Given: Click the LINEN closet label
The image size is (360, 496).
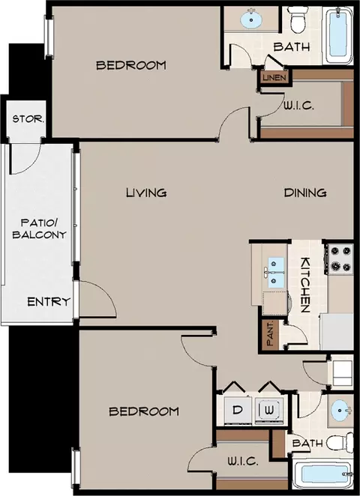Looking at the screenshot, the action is click(274, 77).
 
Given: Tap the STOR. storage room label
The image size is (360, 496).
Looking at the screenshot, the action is click(28, 119).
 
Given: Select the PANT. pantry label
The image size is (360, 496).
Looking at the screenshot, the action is click(270, 333).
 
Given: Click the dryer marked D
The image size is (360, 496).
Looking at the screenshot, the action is click(238, 411).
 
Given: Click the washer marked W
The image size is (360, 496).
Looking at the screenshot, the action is click(269, 411).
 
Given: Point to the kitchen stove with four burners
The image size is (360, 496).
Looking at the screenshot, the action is click(340, 258).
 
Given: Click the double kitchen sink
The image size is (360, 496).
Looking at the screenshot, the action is click(276, 273).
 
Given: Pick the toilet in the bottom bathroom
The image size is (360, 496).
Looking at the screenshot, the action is click(340, 442).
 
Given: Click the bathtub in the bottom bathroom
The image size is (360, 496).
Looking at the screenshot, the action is click(322, 474).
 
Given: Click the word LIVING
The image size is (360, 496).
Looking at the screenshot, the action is click(146, 193).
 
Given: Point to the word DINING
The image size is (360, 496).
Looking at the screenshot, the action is click(305, 193).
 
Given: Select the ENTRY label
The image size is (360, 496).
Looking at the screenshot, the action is click(49, 301).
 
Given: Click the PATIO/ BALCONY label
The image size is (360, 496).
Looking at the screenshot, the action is click(39, 229).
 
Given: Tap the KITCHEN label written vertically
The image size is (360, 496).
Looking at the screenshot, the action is click(305, 285).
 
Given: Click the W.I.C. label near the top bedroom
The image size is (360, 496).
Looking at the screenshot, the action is click(298, 106).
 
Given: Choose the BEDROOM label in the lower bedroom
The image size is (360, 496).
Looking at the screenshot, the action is click(144, 411).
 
